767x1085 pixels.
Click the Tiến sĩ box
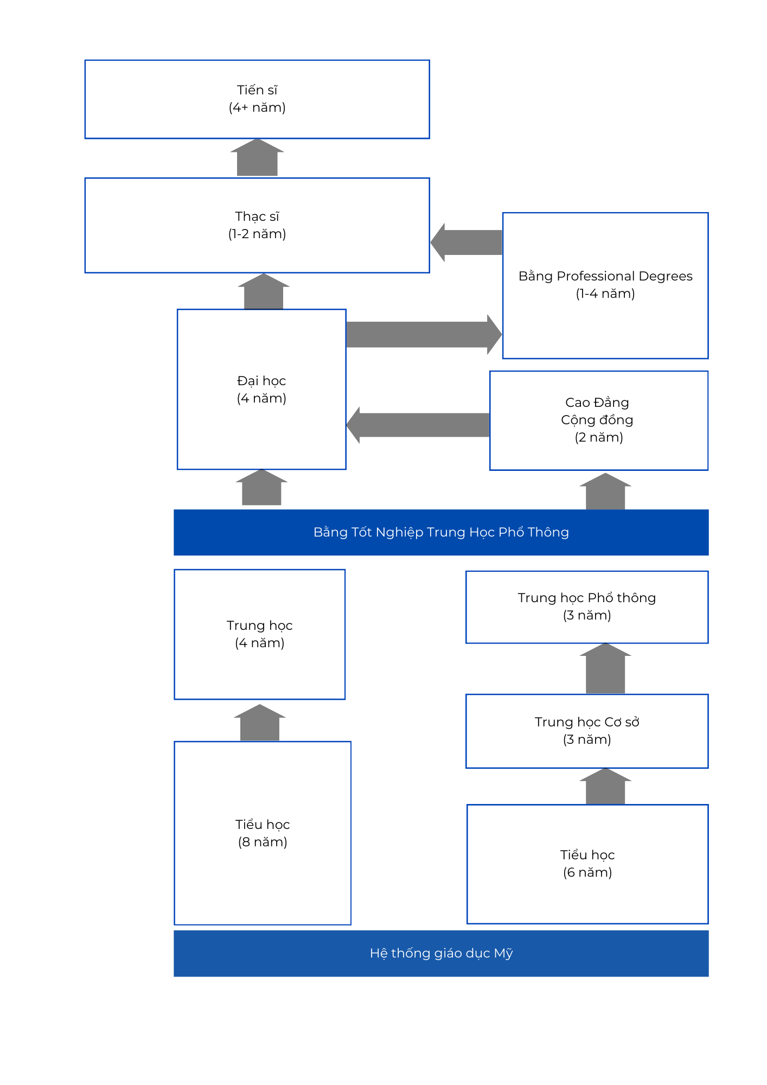(x=257, y=99)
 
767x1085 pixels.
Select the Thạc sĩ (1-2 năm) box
(x=257, y=225)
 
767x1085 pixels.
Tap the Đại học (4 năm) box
(x=261, y=389)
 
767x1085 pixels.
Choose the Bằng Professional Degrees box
(x=605, y=285)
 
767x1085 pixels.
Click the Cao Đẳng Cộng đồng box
(x=599, y=420)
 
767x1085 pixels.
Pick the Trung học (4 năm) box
(x=260, y=634)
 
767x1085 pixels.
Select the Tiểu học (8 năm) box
(x=263, y=833)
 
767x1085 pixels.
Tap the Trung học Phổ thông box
(x=587, y=607)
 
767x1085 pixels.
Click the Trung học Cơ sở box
(x=587, y=731)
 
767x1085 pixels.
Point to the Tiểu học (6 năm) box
(x=587, y=864)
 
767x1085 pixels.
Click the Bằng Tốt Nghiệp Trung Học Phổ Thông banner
(x=441, y=532)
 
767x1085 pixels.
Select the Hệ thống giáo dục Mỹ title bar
(x=441, y=953)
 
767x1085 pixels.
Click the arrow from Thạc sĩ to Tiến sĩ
(x=257, y=158)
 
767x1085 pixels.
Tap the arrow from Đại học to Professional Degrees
(x=424, y=334)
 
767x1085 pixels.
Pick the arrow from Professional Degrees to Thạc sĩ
(x=466, y=242)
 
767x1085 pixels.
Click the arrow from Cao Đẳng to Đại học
(x=418, y=425)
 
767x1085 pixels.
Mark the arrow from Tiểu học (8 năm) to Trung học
(x=260, y=723)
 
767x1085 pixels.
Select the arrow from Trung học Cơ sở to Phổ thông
(x=605, y=668)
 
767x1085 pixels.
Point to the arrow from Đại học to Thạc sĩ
(x=264, y=291)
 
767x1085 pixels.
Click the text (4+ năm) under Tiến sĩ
(x=257, y=107)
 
